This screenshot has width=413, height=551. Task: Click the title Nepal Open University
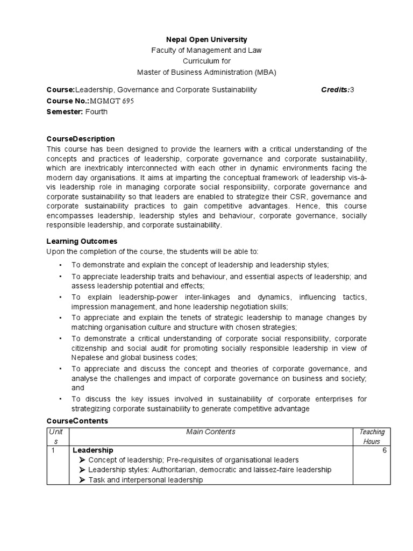206,39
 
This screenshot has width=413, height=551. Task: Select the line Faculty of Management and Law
206,51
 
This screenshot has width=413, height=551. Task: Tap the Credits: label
335,89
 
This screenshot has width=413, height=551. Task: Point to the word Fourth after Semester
96,112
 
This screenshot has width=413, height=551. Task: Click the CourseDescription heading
81,139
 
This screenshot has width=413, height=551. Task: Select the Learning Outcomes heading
82,242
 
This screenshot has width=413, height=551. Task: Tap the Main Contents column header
211,432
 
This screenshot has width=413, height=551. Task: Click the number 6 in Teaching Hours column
384,450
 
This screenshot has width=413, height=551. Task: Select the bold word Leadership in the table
92,450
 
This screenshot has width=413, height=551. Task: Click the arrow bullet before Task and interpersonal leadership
82,480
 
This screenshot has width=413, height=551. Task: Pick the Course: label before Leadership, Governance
60,89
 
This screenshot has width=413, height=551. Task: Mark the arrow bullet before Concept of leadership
82,460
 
